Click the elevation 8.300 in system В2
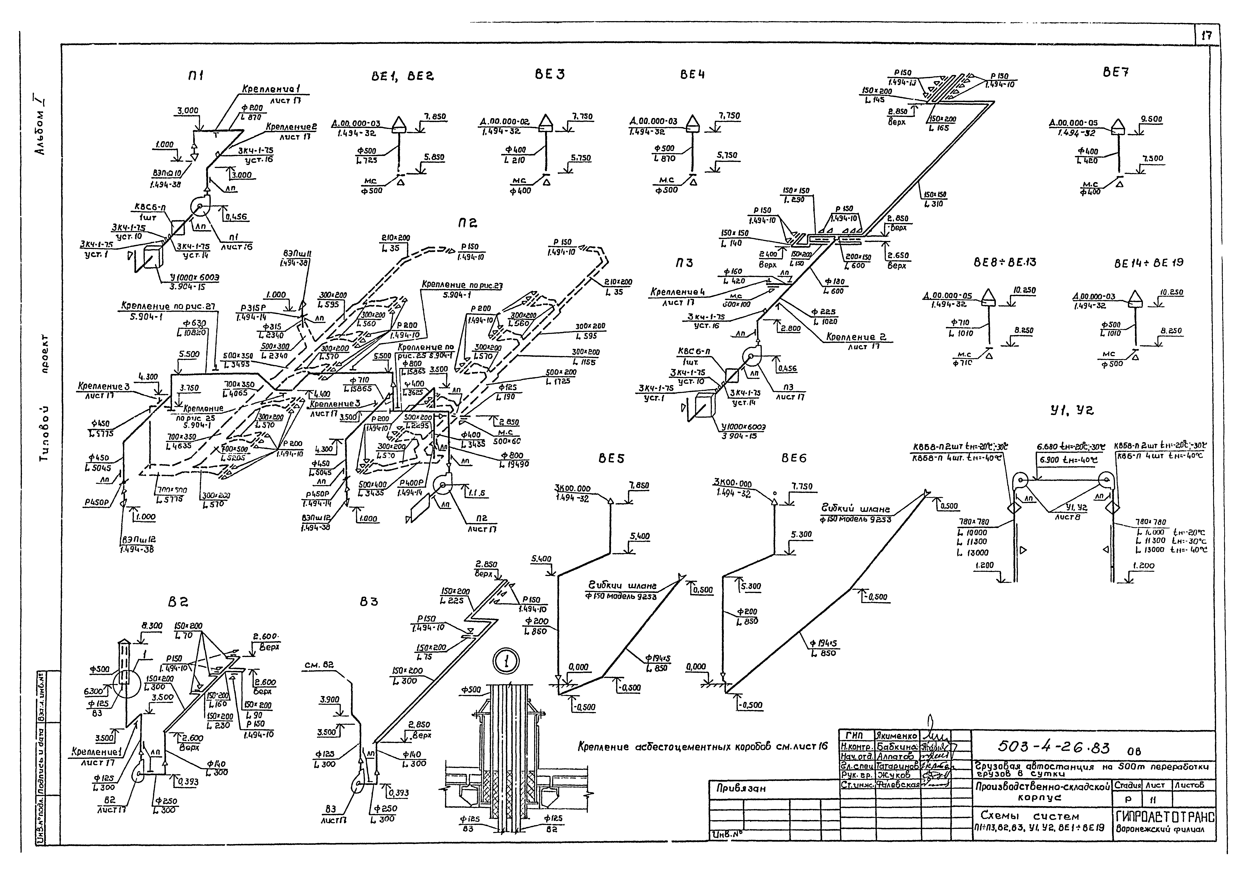(x=152, y=626)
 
